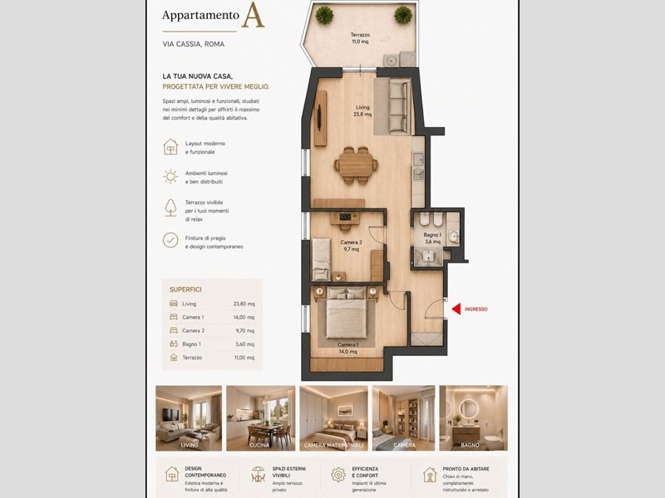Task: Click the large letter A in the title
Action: click(x=253, y=16)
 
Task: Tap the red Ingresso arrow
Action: click(x=456, y=309)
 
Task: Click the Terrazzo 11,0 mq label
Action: click(x=360, y=38)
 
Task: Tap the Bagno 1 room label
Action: click(x=431, y=238)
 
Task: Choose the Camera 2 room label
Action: click(x=350, y=246)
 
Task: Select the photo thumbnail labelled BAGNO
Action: click(x=473, y=417)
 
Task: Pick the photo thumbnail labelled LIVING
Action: click(x=189, y=417)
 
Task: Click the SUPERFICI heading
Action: click(x=185, y=290)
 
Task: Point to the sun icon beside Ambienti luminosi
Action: click(x=170, y=176)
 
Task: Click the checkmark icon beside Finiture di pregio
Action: click(x=170, y=240)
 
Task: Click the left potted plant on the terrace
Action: click(x=324, y=15)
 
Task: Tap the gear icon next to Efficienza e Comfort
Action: click(x=338, y=475)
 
